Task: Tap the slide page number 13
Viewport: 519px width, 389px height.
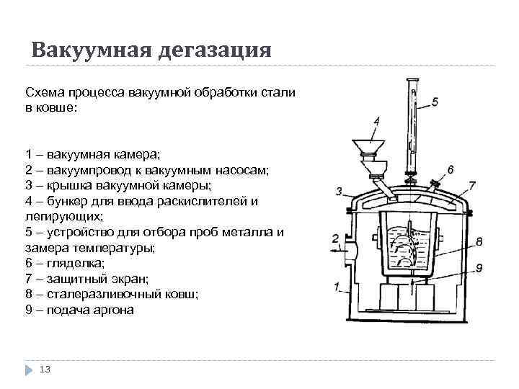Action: (x=45, y=369)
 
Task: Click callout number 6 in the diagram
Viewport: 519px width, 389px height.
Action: (x=450, y=169)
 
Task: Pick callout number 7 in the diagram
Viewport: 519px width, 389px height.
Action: (x=471, y=185)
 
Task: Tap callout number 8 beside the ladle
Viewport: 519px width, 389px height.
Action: (x=479, y=242)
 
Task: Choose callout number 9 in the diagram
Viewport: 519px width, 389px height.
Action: (x=479, y=268)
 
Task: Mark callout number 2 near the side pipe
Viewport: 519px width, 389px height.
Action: (x=334, y=238)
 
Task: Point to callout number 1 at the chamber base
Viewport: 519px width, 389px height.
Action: (x=337, y=287)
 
